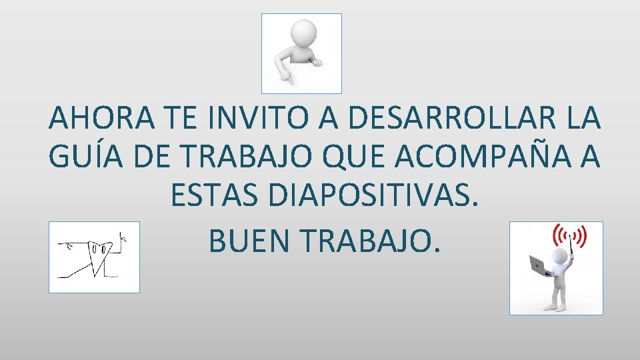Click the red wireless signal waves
point(571,236)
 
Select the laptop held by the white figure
point(539,265)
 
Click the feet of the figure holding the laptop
point(555,307)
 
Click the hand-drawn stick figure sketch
point(94,257)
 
